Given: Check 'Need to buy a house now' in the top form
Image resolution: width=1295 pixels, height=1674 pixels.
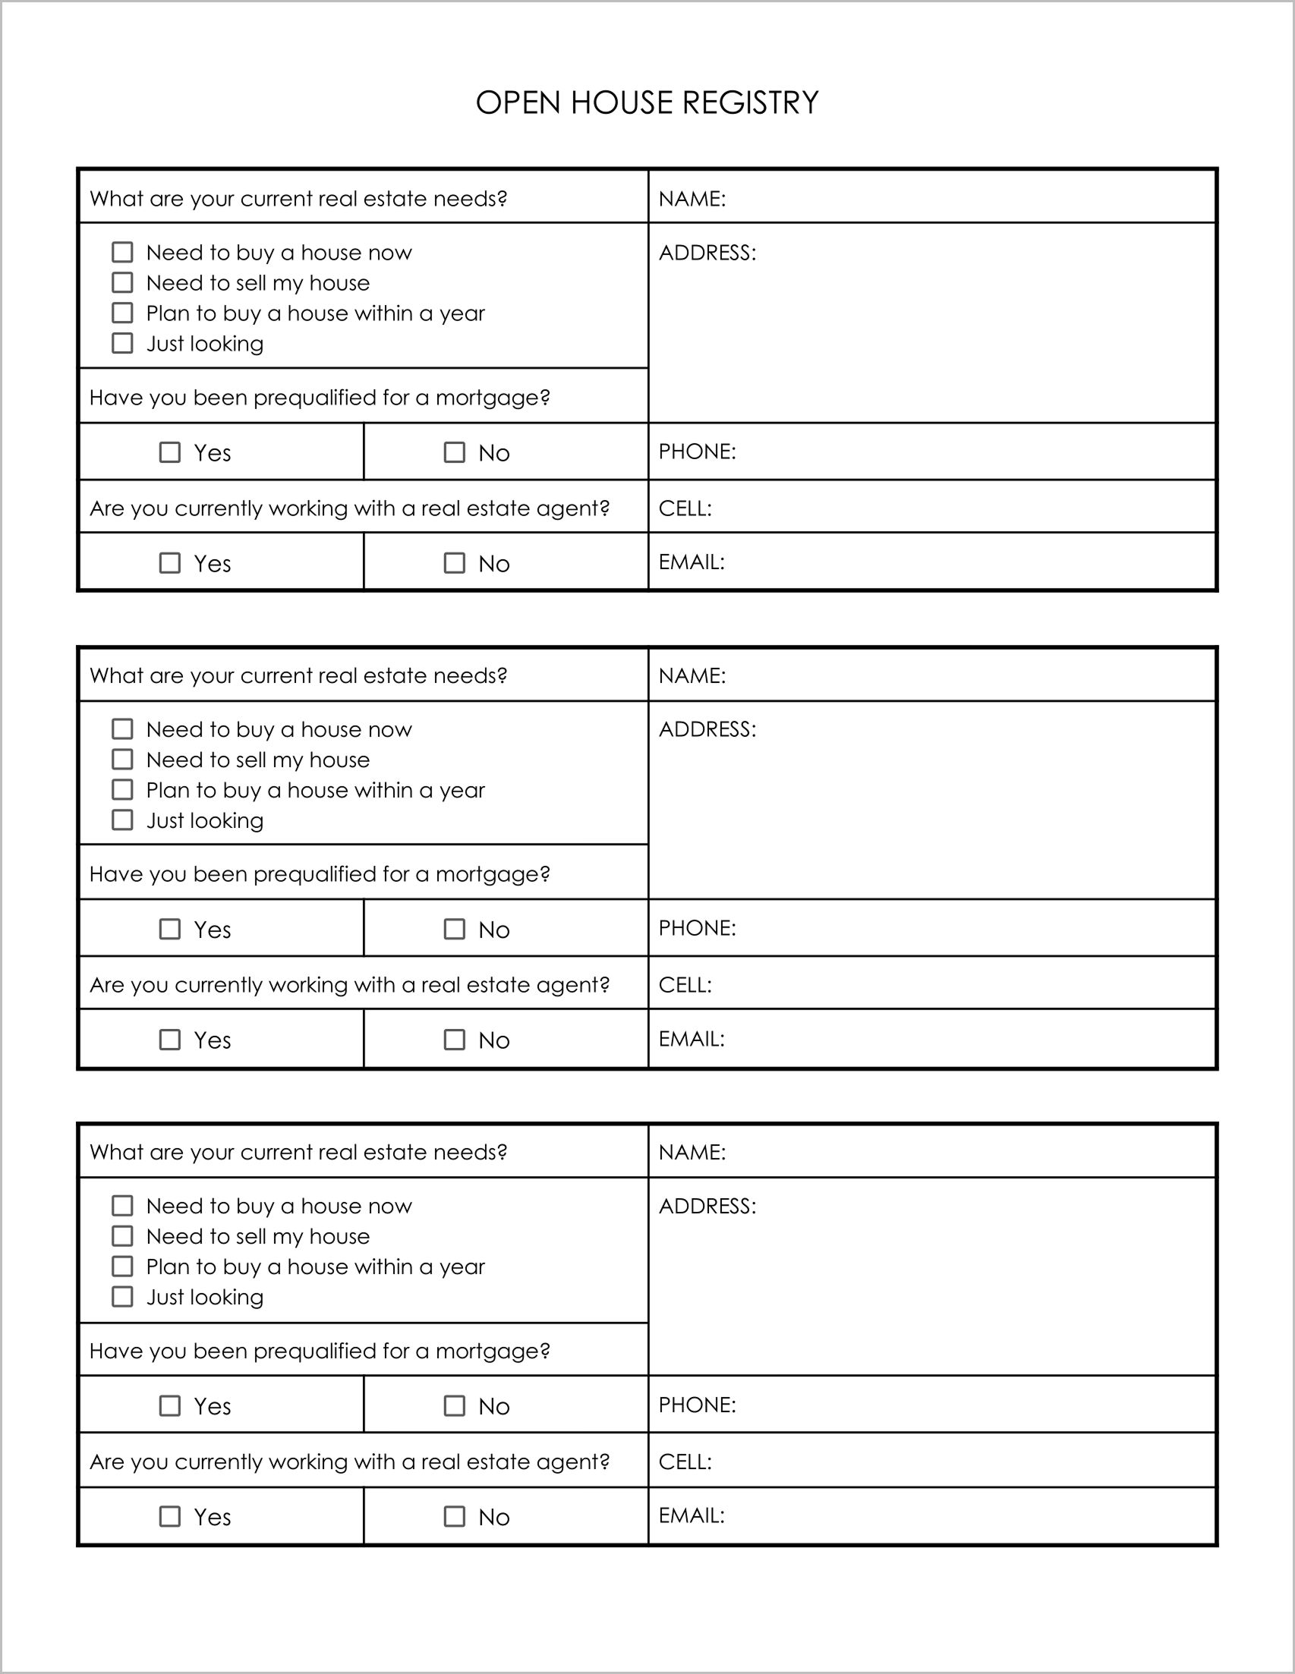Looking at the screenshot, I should (x=123, y=252).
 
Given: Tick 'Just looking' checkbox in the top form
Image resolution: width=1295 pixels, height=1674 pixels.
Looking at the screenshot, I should (x=123, y=343).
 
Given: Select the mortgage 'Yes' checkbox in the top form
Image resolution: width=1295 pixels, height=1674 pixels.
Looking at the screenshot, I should (x=169, y=452).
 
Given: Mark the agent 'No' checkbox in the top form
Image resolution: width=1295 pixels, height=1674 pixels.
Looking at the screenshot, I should (x=454, y=563).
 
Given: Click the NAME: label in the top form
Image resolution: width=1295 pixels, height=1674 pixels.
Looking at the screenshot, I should (x=692, y=199).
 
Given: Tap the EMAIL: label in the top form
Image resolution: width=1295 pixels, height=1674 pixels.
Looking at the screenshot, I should (x=691, y=562).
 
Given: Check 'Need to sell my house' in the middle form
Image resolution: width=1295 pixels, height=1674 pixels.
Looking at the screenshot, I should (x=123, y=760).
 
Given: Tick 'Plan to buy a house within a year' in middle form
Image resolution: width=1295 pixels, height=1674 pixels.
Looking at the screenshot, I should (x=123, y=789).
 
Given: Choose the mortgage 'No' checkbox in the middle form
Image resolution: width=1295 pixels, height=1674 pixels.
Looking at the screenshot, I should (x=454, y=929).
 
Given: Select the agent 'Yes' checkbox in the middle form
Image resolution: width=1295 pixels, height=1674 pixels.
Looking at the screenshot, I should (x=169, y=1040).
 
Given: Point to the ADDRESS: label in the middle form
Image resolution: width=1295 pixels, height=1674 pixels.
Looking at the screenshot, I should (x=707, y=729).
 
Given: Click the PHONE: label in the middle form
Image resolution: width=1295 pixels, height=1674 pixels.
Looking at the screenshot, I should (x=697, y=928).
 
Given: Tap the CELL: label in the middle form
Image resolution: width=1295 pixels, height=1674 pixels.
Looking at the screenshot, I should (x=685, y=985).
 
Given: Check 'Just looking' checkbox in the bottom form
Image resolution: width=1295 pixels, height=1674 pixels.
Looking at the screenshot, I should (x=123, y=1296).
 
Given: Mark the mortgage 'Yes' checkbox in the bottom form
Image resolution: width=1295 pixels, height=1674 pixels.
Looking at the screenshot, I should (x=169, y=1405).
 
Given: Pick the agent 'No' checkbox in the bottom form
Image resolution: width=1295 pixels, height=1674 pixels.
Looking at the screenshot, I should (x=454, y=1516).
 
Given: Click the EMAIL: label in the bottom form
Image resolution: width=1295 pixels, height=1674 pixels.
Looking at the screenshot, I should (x=691, y=1515).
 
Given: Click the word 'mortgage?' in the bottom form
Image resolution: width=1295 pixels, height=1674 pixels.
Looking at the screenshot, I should (x=492, y=1351).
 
